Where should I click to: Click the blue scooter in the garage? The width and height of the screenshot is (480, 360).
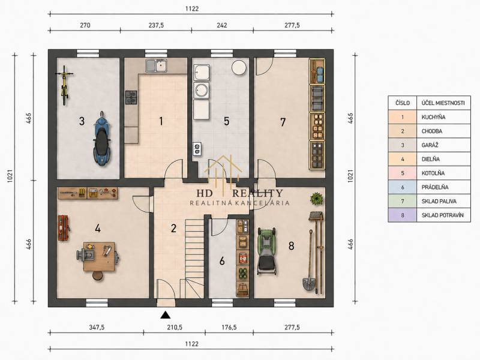(x=101, y=139)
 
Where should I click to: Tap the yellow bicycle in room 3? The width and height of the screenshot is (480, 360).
(x=64, y=85)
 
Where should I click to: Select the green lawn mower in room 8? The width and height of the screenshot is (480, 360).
(x=267, y=251)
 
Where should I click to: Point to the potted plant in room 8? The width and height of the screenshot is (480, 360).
(x=317, y=199)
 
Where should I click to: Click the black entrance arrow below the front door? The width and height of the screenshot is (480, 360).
(x=166, y=314)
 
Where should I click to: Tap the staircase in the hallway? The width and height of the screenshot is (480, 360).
(x=194, y=257)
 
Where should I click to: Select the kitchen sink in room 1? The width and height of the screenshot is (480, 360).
(x=156, y=65)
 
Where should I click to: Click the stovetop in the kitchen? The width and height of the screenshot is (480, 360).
(x=131, y=97)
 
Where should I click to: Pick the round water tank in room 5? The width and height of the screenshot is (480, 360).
(x=239, y=67)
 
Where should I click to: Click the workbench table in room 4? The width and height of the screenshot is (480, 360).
(x=99, y=257)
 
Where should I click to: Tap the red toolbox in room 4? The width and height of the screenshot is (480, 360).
(x=64, y=227)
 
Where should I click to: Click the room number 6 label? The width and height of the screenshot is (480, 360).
(x=222, y=261)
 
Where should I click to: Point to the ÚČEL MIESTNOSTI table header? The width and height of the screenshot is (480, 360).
(x=443, y=103)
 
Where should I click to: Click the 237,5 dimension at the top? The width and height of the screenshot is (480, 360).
(x=156, y=25)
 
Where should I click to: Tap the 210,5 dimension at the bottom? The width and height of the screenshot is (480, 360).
(x=175, y=327)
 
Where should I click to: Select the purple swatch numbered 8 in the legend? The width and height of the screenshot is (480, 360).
(x=402, y=215)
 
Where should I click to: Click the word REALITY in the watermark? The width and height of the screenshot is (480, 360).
(x=257, y=193)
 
